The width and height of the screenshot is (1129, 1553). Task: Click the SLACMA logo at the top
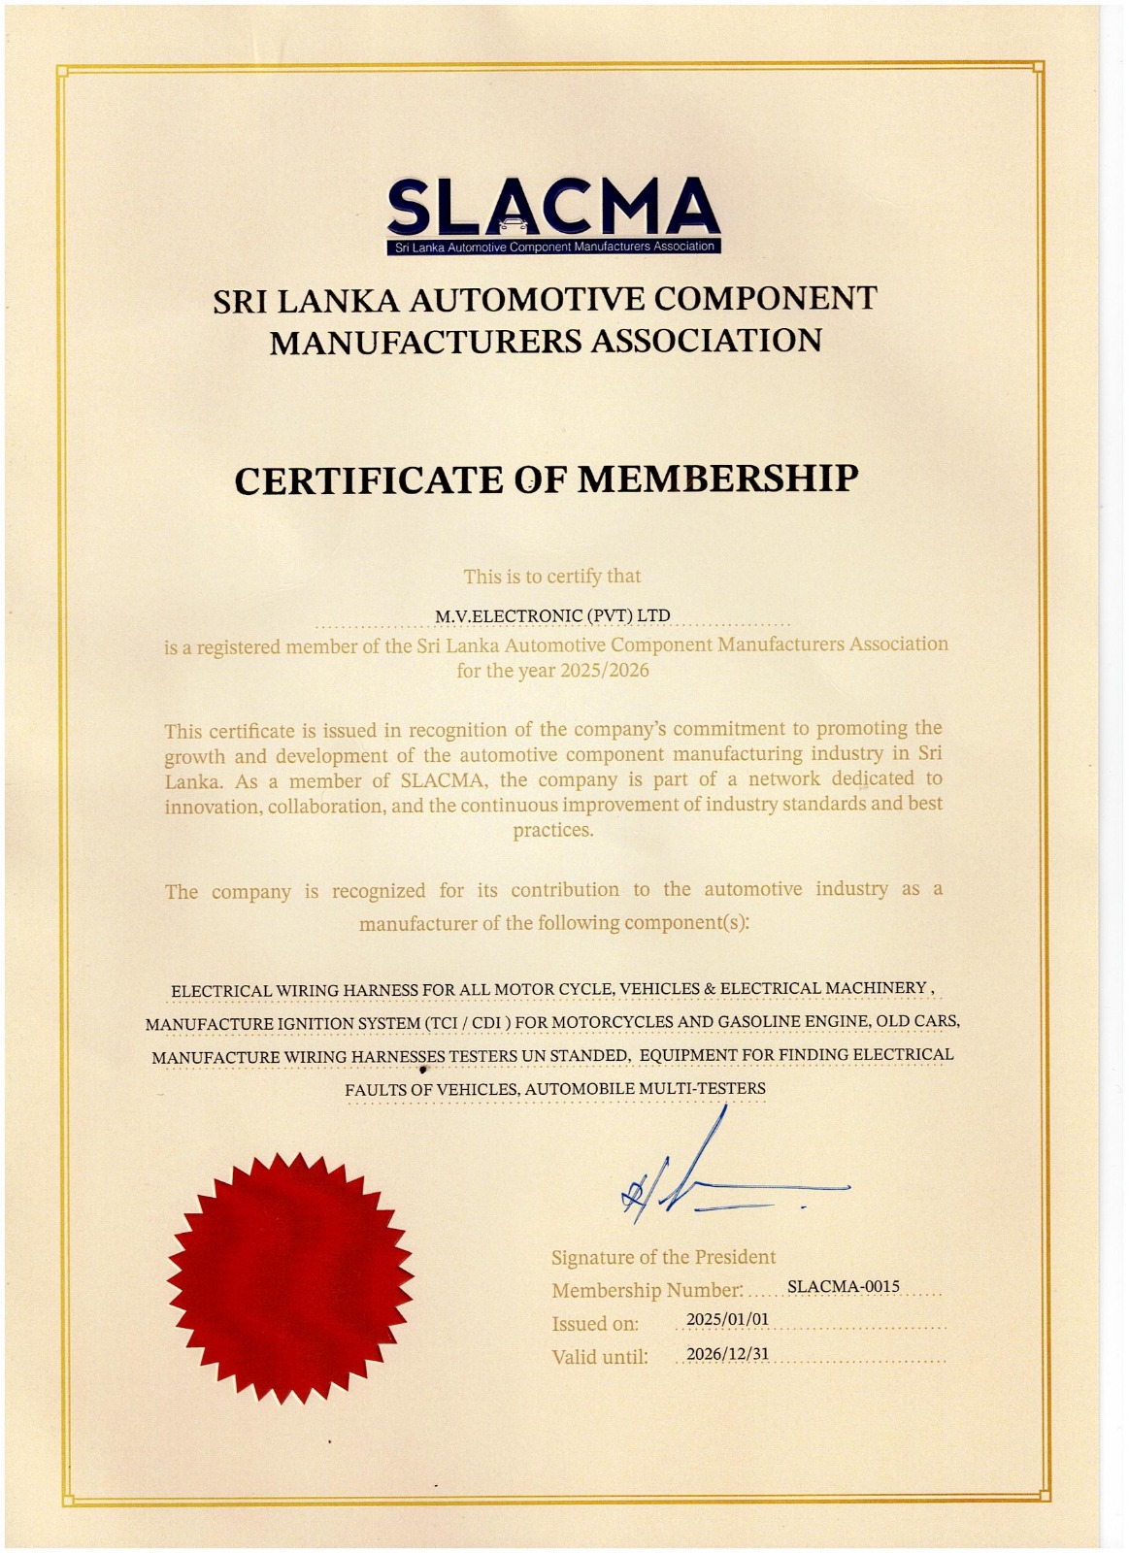click(x=552, y=215)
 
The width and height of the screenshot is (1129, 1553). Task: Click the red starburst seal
click(x=290, y=1276)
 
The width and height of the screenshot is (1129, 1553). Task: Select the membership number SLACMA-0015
click(x=843, y=1287)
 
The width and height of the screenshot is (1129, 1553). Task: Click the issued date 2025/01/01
click(x=727, y=1320)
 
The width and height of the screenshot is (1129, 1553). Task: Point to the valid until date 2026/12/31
click(x=727, y=1354)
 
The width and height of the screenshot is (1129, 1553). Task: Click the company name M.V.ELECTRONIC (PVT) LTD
click(x=552, y=616)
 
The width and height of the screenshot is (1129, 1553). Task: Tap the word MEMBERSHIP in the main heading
click(x=718, y=479)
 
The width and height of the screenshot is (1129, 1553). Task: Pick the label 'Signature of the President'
click(x=663, y=1258)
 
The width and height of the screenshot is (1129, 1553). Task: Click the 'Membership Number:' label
click(x=647, y=1291)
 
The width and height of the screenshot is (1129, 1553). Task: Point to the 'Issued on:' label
click(x=595, y=1324)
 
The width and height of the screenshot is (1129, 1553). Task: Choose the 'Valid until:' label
click(x=599, y=1357)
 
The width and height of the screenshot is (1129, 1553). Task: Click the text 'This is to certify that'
click(x=552, y=577)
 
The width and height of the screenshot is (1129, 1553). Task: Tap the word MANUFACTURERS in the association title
click(x=425, y=342)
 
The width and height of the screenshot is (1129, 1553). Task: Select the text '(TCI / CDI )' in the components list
click(x=467, y=1023)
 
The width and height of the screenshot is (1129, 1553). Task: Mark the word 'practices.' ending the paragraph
click(x=552, y=831)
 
